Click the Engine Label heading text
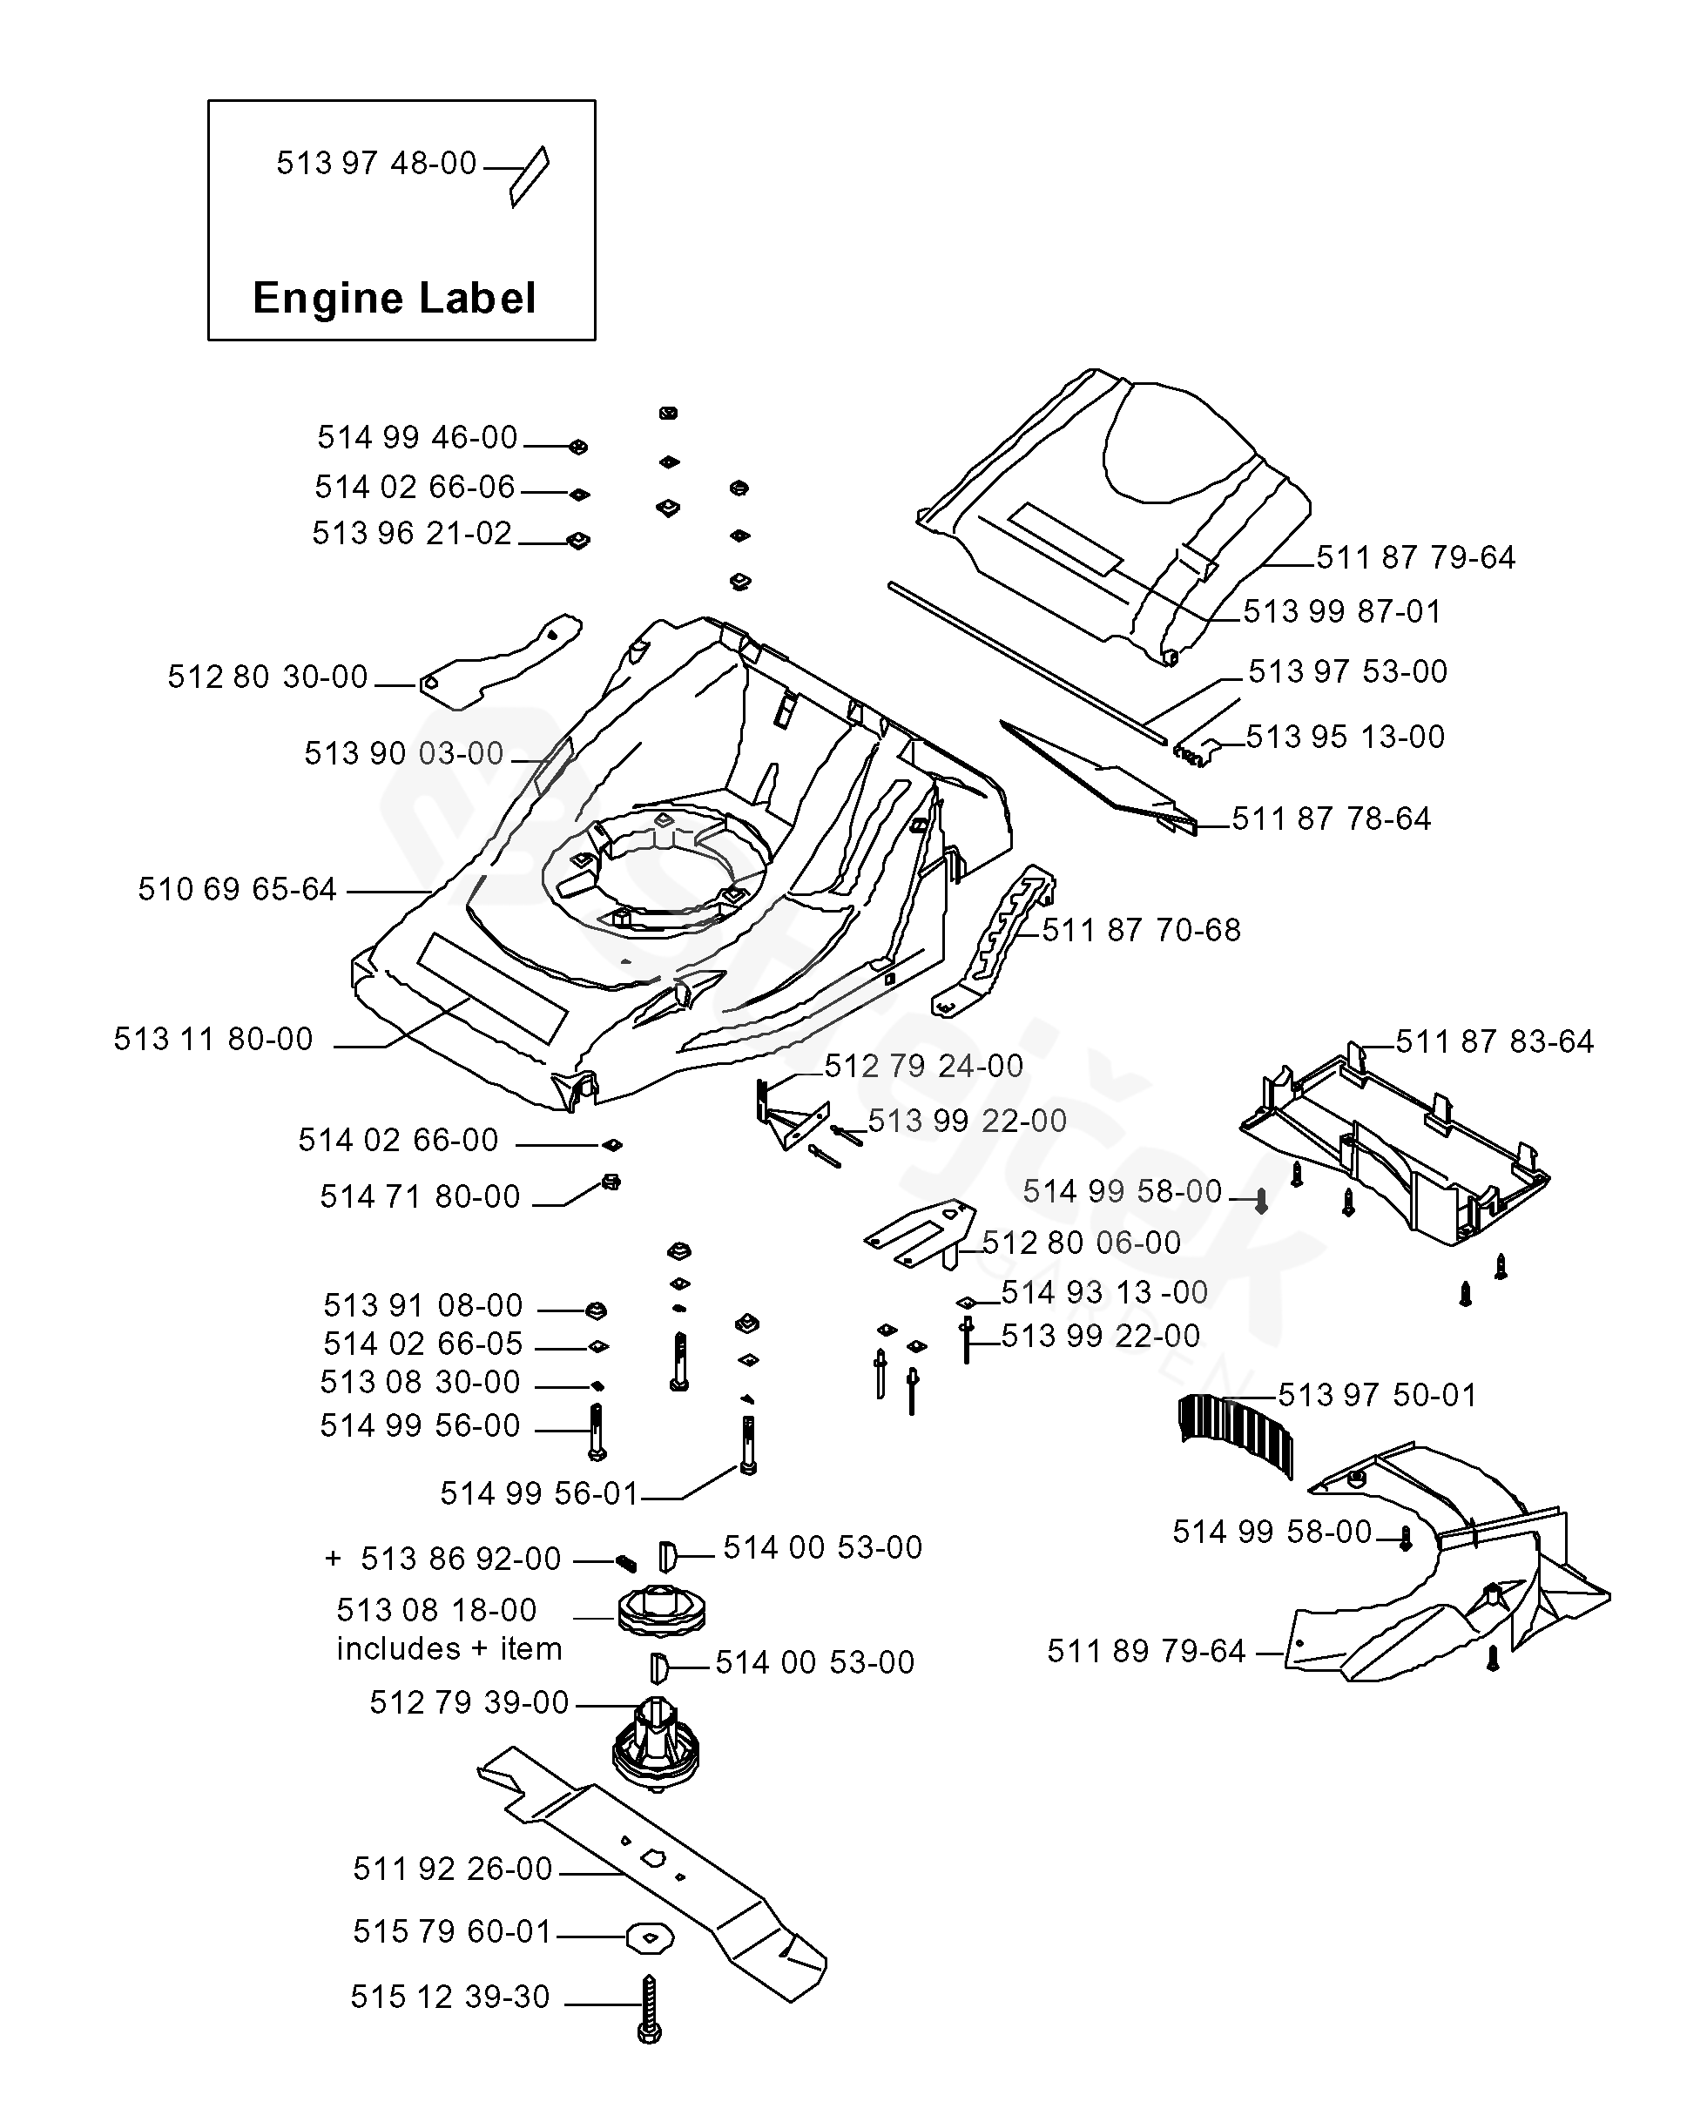click(x=394, y=298)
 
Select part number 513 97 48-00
click(x=376, y=164)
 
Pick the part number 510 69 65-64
click(x=237, y=890)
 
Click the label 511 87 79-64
click(x=1415, y=558)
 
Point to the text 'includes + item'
click(x=449, y=1648)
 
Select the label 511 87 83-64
click(x=1494, y=1041)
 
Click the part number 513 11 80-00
click(x=213, y=1040)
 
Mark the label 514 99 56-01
click(x=539, y=1494)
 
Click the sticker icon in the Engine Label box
click(x=530, y=177)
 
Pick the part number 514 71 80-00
click(x=420, y=1196)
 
